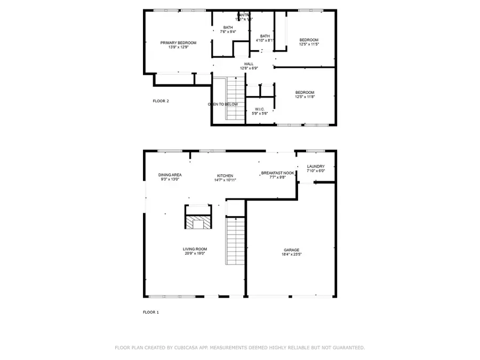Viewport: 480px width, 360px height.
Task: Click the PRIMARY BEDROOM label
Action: (x=178, y=43)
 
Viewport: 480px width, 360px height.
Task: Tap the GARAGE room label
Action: (x=291, y=250)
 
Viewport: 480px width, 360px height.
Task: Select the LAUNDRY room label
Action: (x=316, y=166)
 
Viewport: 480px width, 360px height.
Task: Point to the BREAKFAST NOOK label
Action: (x=277, y=173)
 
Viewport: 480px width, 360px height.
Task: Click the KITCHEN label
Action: (x=225, y=175)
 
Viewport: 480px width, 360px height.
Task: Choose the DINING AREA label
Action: (x=170, y=175)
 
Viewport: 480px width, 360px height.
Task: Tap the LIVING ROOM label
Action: (x=195, y=249)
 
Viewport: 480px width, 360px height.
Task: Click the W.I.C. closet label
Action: (x=260, y=109)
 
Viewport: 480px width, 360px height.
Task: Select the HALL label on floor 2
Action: (x=249, y=64)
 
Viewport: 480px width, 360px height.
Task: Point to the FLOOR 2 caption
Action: (x=161, y=101)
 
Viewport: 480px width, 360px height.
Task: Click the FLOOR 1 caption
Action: (x=151, y=312)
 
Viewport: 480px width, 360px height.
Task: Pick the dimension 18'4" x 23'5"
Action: (x=291, y=254)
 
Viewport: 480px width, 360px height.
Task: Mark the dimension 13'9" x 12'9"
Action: (x=178, y=47)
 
